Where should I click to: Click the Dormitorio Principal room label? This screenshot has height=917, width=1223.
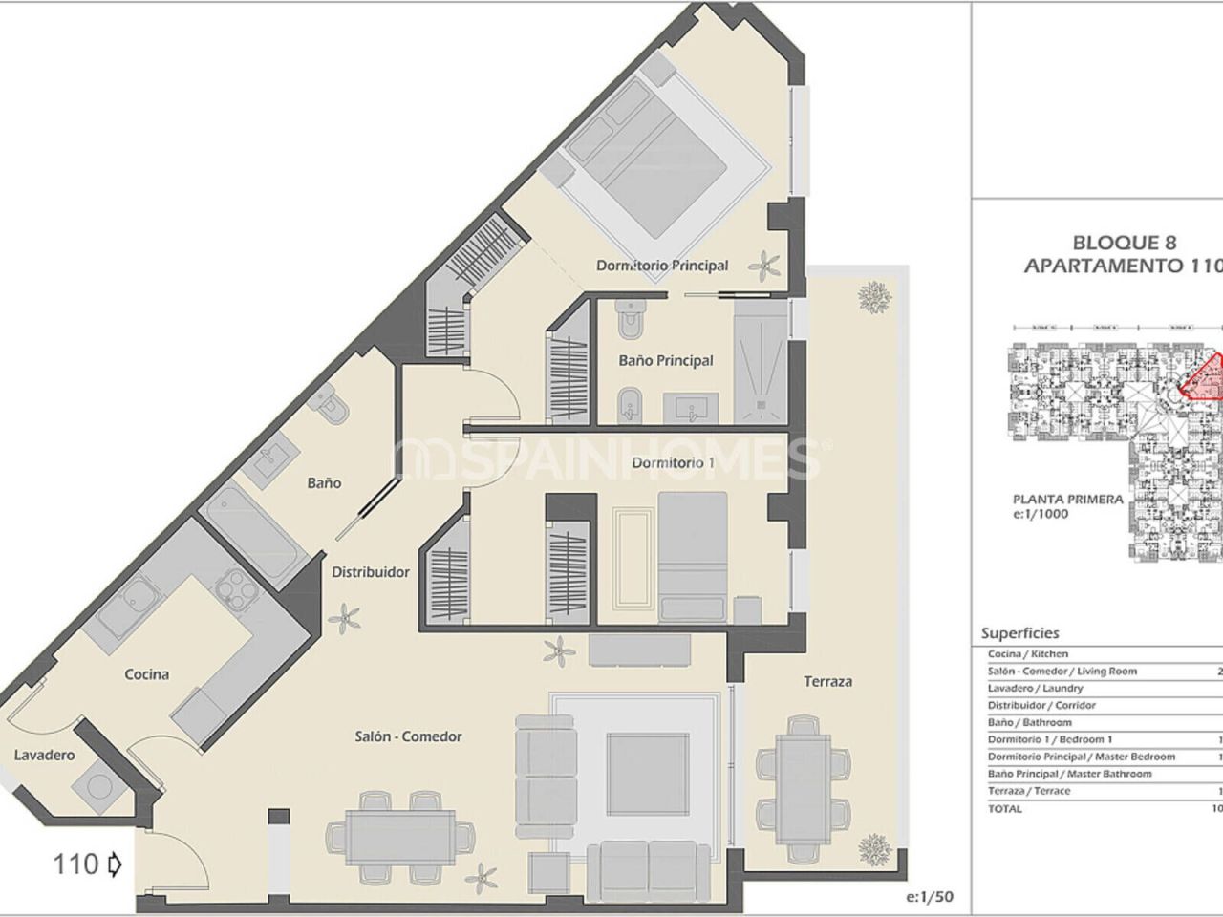[662, 266]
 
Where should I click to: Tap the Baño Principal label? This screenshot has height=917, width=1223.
[666, 360]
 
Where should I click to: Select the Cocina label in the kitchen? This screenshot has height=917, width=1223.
[147, 674]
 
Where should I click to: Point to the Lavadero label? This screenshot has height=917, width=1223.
[44, 756]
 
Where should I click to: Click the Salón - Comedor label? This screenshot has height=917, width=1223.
[408, 736]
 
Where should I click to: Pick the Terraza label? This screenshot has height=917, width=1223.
[827, 681]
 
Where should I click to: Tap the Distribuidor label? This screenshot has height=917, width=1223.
[371, 572]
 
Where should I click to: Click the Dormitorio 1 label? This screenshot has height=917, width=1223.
[674, 463]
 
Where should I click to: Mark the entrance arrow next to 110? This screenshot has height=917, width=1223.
[115, 865]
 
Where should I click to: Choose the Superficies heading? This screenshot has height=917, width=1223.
[1019, 633]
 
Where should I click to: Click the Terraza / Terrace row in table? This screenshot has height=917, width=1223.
[1029, 791]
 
